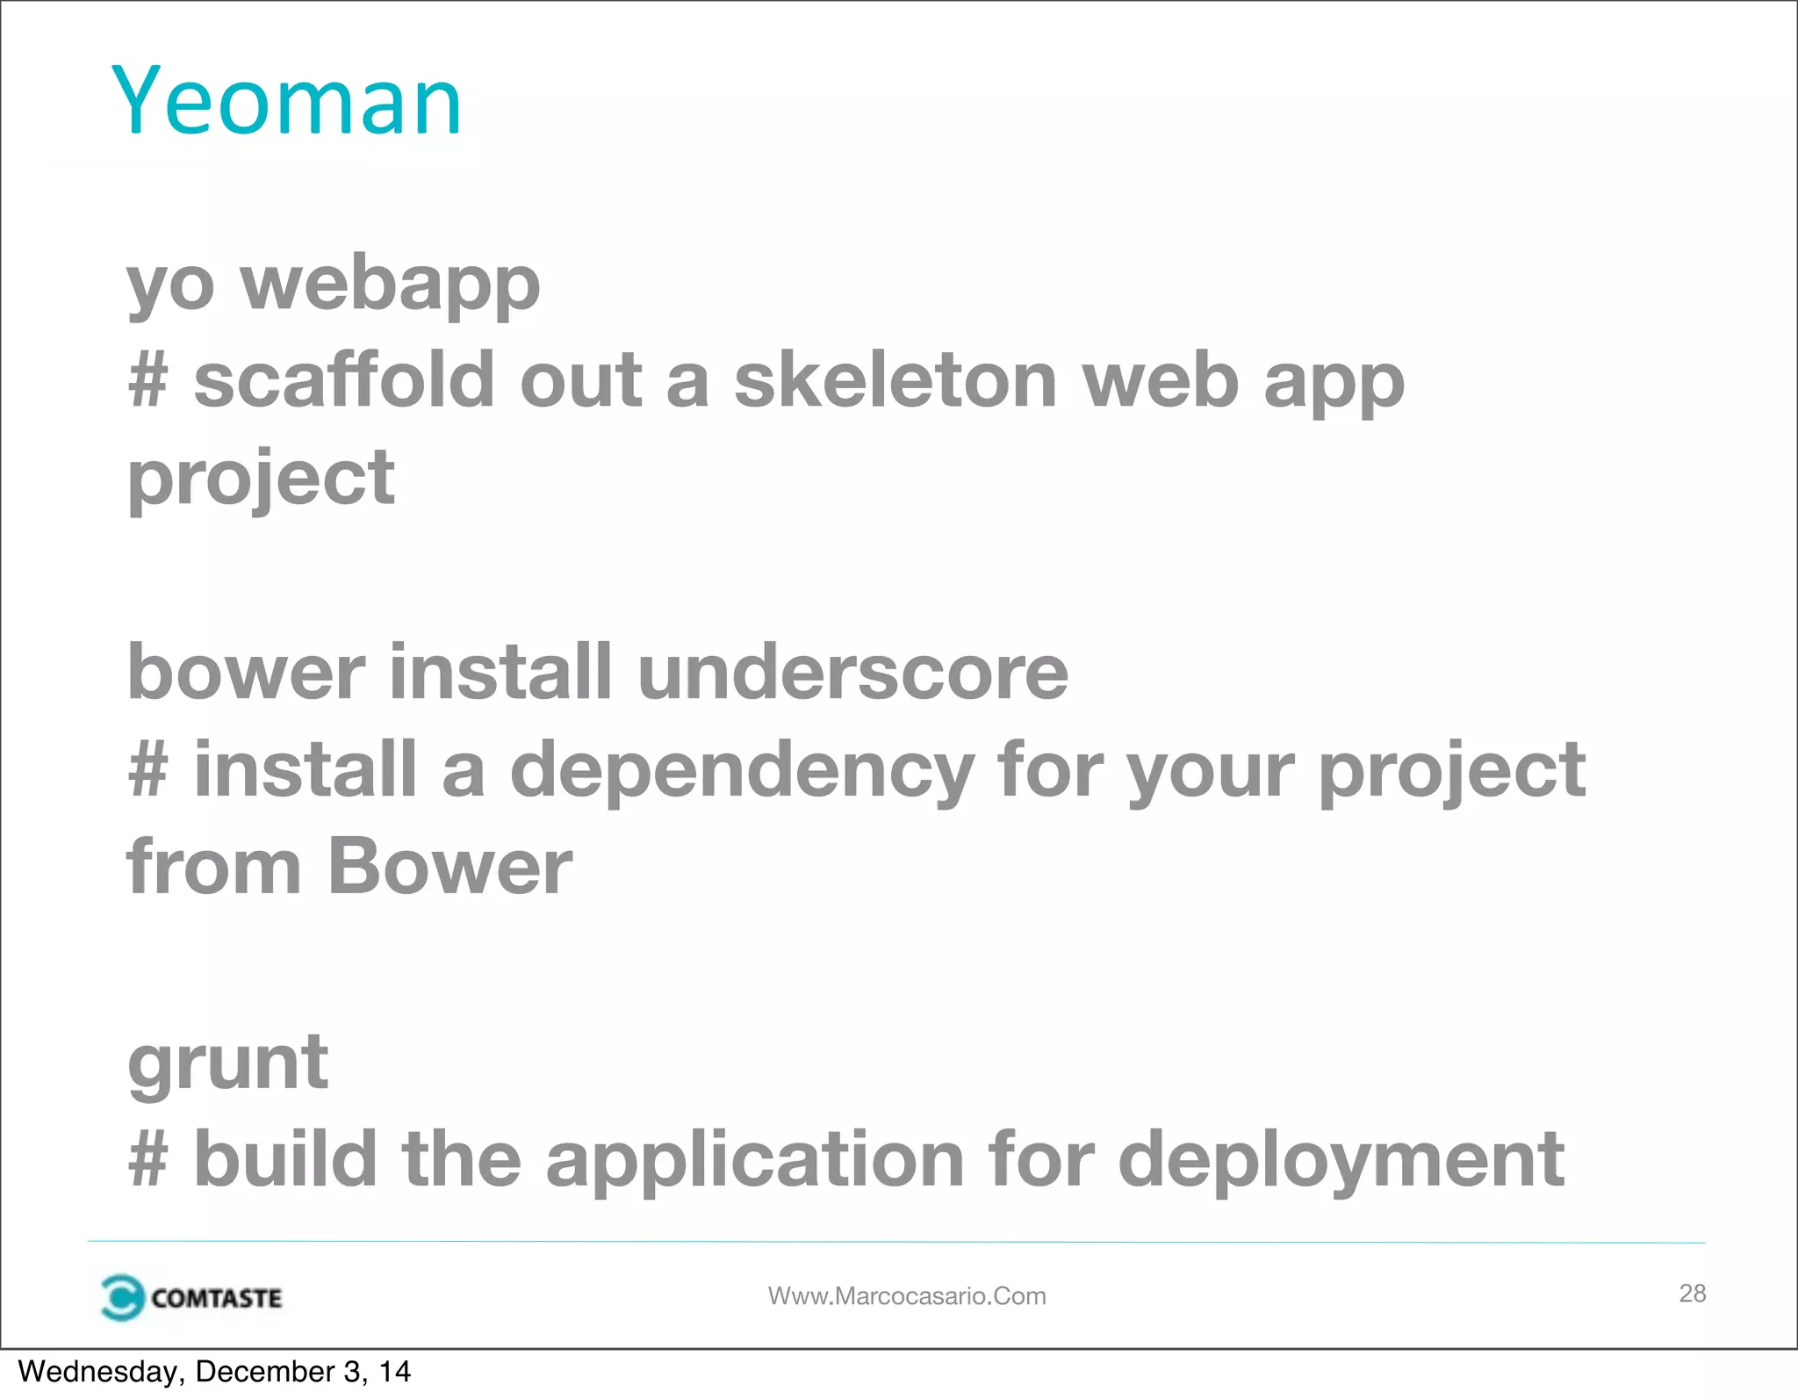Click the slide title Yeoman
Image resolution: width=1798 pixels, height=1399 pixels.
click(286, 101)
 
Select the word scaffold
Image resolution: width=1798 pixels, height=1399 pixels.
click(343, 380)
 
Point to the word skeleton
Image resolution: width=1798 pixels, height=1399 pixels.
click(895, 380)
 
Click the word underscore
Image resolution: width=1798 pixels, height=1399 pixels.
click(852, 672)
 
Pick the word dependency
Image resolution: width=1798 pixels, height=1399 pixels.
click(742, 771)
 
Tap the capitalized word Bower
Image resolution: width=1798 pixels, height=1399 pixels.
click(449, 867)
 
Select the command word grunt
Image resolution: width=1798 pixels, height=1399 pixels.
click(227, 1063)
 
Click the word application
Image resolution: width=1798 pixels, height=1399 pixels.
click(755, 1159)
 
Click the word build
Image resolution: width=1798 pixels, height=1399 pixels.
click(285, 1159)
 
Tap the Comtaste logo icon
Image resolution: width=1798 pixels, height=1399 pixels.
click(121, 1297)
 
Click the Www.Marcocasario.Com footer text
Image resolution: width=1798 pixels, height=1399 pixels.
click(907, 1296)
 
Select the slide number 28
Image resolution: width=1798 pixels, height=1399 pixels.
click(1692, 1293)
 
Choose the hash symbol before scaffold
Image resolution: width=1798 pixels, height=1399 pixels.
click(147, 381)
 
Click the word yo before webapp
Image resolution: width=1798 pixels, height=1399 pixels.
click(170, 287)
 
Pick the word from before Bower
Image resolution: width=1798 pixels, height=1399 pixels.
click(213, 867)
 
